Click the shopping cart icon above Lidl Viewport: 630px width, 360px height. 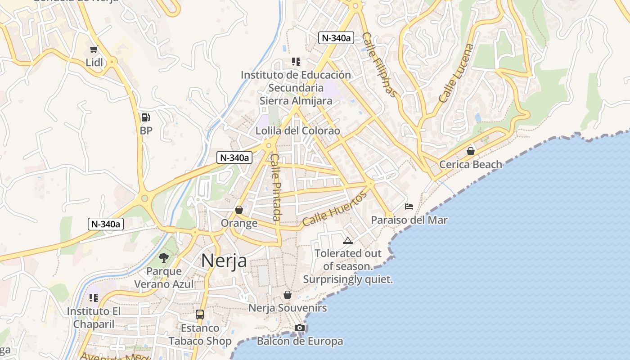(94, 49)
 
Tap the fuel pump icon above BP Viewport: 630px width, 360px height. (145, 118)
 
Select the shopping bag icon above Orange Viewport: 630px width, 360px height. (239, 210)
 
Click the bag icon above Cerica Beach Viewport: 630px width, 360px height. (471, 151)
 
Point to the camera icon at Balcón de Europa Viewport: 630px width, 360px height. (300, 328)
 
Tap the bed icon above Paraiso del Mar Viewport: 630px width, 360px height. (409, 207)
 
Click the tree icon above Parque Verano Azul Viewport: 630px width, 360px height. (164, 258)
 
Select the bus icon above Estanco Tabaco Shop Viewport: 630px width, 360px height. (200, 315)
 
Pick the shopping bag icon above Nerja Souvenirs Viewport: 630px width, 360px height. (288, 295)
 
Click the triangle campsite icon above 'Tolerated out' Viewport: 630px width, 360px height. (347, 241)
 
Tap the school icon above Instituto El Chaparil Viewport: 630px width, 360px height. (94, 297)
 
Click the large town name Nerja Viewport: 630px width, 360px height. (224, 261)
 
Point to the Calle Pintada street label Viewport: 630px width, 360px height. (276, 187)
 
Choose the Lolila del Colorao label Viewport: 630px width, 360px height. (297, 131)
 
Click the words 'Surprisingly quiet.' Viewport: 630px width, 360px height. (348, 279)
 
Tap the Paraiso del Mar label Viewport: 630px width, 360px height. (409, 220)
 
